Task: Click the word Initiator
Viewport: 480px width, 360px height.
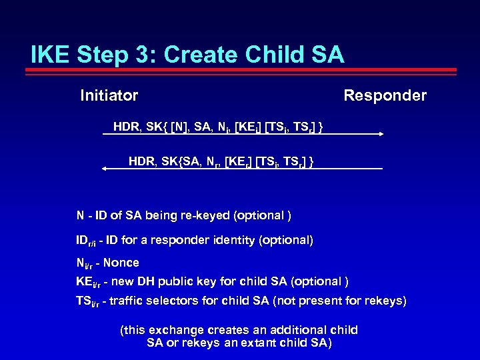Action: tap(109, 96)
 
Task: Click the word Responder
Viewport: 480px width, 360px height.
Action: tap(385, 96)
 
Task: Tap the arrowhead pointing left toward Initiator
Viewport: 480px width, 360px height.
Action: tap(105, 169)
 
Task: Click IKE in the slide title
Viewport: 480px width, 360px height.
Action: tap(52, 55)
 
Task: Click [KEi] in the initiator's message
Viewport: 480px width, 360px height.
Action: tap(249, 126)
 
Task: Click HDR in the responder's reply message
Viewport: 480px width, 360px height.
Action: tap(142, 161)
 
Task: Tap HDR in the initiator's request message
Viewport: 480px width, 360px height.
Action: tap(127, 126)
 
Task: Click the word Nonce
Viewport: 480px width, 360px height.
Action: tap(121, 263)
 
